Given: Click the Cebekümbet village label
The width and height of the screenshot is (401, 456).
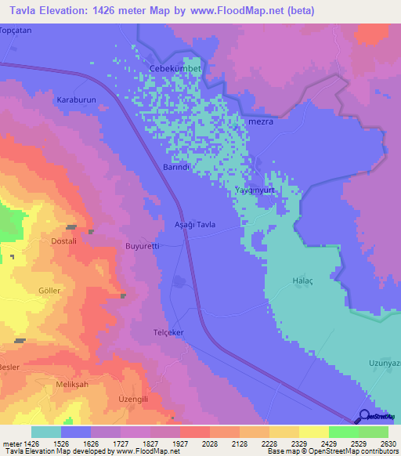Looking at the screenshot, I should point(175,69).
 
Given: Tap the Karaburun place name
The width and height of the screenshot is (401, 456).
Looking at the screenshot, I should point(76,101).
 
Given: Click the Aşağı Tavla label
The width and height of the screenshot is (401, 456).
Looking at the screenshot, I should point(193,224).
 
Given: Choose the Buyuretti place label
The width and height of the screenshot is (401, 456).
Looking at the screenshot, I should point(143,246).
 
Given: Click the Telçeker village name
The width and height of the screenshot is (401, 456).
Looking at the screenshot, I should point(168,332).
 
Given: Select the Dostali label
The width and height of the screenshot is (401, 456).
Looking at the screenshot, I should point(63,241).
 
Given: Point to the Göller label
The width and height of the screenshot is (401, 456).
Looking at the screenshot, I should point(49,289).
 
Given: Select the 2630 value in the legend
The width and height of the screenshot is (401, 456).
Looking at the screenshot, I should point(386,443).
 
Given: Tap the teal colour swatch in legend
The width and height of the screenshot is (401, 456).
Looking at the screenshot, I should point(46,432).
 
